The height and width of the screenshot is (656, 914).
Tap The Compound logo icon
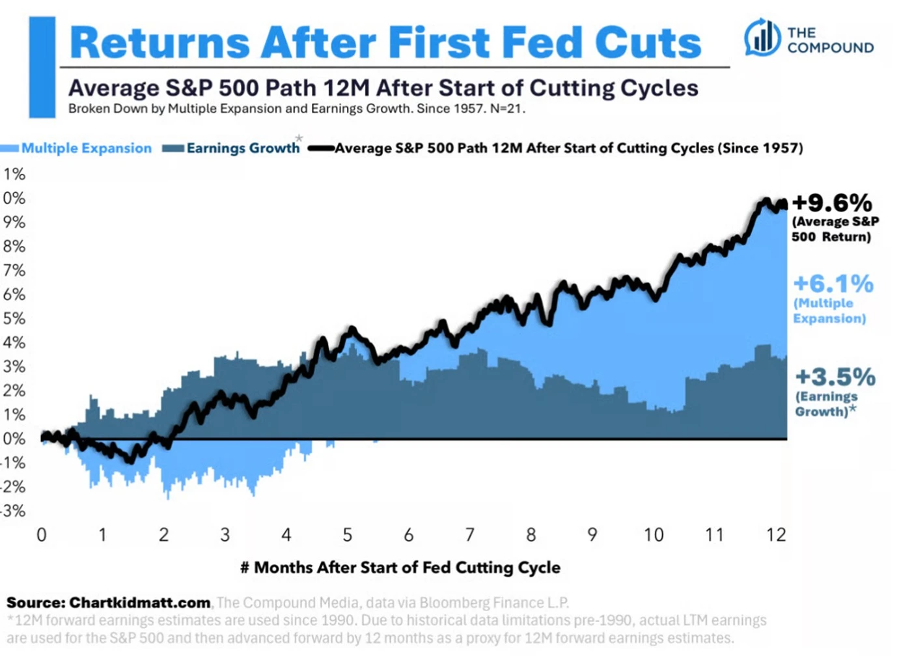tap(762, 37)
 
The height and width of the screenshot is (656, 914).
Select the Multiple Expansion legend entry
tap(86, 148)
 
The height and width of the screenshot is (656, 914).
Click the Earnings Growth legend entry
tap(242, 148)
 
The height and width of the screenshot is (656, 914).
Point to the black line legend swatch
tap(320, 148)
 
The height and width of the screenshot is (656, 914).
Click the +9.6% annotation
tap(832, 203)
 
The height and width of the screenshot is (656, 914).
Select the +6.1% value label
tap(833, 284)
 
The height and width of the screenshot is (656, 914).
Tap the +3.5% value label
tap(835, 377)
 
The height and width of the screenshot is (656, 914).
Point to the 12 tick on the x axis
tap(776, 535)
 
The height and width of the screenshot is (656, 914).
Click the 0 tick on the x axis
tap(42, 535)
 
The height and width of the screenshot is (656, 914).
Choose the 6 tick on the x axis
tap(409, 535)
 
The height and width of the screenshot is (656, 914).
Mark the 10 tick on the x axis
tap(654, 535)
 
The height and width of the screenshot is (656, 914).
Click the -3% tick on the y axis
tap(13, 511)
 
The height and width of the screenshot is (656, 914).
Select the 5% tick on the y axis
tap(14, 319)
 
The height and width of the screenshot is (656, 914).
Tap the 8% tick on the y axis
tap(14, 247)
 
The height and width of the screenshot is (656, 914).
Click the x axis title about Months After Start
tap(400, 567)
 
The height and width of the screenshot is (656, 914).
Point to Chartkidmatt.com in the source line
tap(139, 603)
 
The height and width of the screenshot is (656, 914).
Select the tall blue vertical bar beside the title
tap(42, 68)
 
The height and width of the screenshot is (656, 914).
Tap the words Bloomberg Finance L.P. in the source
tap(494, 603)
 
